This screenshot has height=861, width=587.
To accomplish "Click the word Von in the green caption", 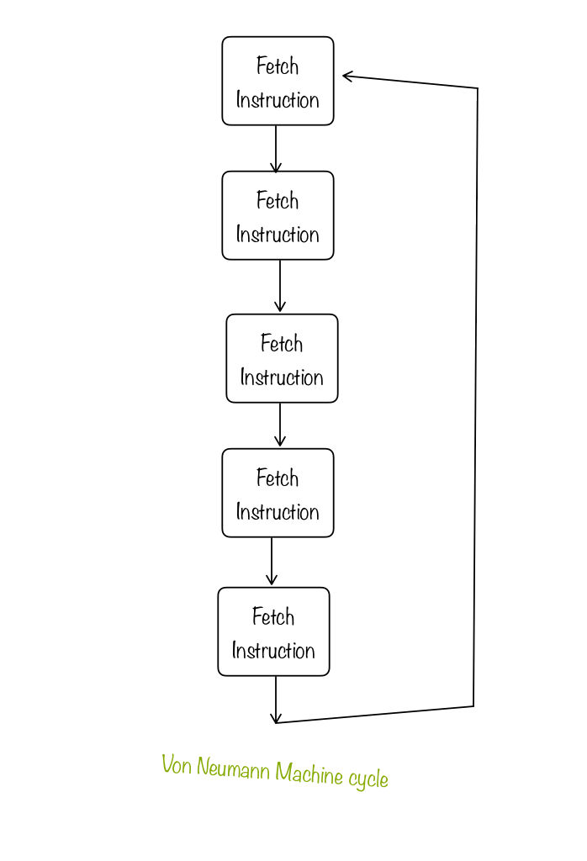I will click(177, 766).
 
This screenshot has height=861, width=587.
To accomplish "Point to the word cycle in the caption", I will click(368, 778).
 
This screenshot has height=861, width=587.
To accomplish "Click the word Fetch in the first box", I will click(278, 66).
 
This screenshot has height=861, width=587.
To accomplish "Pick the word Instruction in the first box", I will click(278, 99).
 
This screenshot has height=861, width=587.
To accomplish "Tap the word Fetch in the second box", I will click(278, 200).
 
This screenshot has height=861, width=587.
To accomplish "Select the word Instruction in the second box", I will click(278, 234).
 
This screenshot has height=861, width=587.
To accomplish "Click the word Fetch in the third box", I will click(282, 343).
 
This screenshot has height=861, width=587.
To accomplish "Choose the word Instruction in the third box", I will click(282, 377).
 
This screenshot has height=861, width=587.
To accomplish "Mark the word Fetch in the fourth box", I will click(278, 478).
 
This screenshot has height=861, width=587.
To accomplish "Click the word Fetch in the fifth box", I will click(273, 616).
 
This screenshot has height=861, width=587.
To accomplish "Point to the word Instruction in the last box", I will click(273, 650).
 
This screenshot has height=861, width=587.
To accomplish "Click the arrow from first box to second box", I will click(276, 149).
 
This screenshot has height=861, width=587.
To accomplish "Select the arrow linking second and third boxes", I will click(280, 287).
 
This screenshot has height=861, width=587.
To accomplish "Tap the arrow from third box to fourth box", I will click(280, 425).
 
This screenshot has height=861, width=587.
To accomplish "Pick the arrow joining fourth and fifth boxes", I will click(272, 562).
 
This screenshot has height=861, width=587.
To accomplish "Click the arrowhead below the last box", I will click(275, 717).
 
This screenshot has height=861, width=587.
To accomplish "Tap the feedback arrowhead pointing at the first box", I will click(347, 77).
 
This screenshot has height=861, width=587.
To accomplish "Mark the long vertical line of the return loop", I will click(476, 395).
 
